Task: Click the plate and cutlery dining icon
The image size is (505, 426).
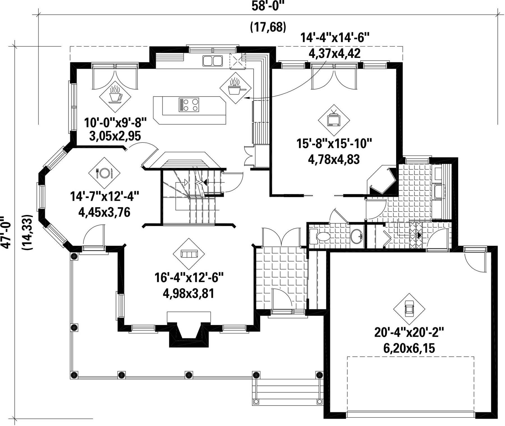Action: (x=104, y=173)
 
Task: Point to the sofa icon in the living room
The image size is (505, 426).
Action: (x=189, y=254)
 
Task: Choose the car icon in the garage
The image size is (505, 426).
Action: (x=409, y=309)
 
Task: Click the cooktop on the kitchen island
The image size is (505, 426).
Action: (x=189, y=105)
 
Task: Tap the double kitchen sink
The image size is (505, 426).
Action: (x=212, y=61)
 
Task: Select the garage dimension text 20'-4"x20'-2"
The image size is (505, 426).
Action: (x=409, y=333)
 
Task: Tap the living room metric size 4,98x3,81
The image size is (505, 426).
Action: (x=189, y=294)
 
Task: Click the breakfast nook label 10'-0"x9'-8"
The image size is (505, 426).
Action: (x=116, y=123)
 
